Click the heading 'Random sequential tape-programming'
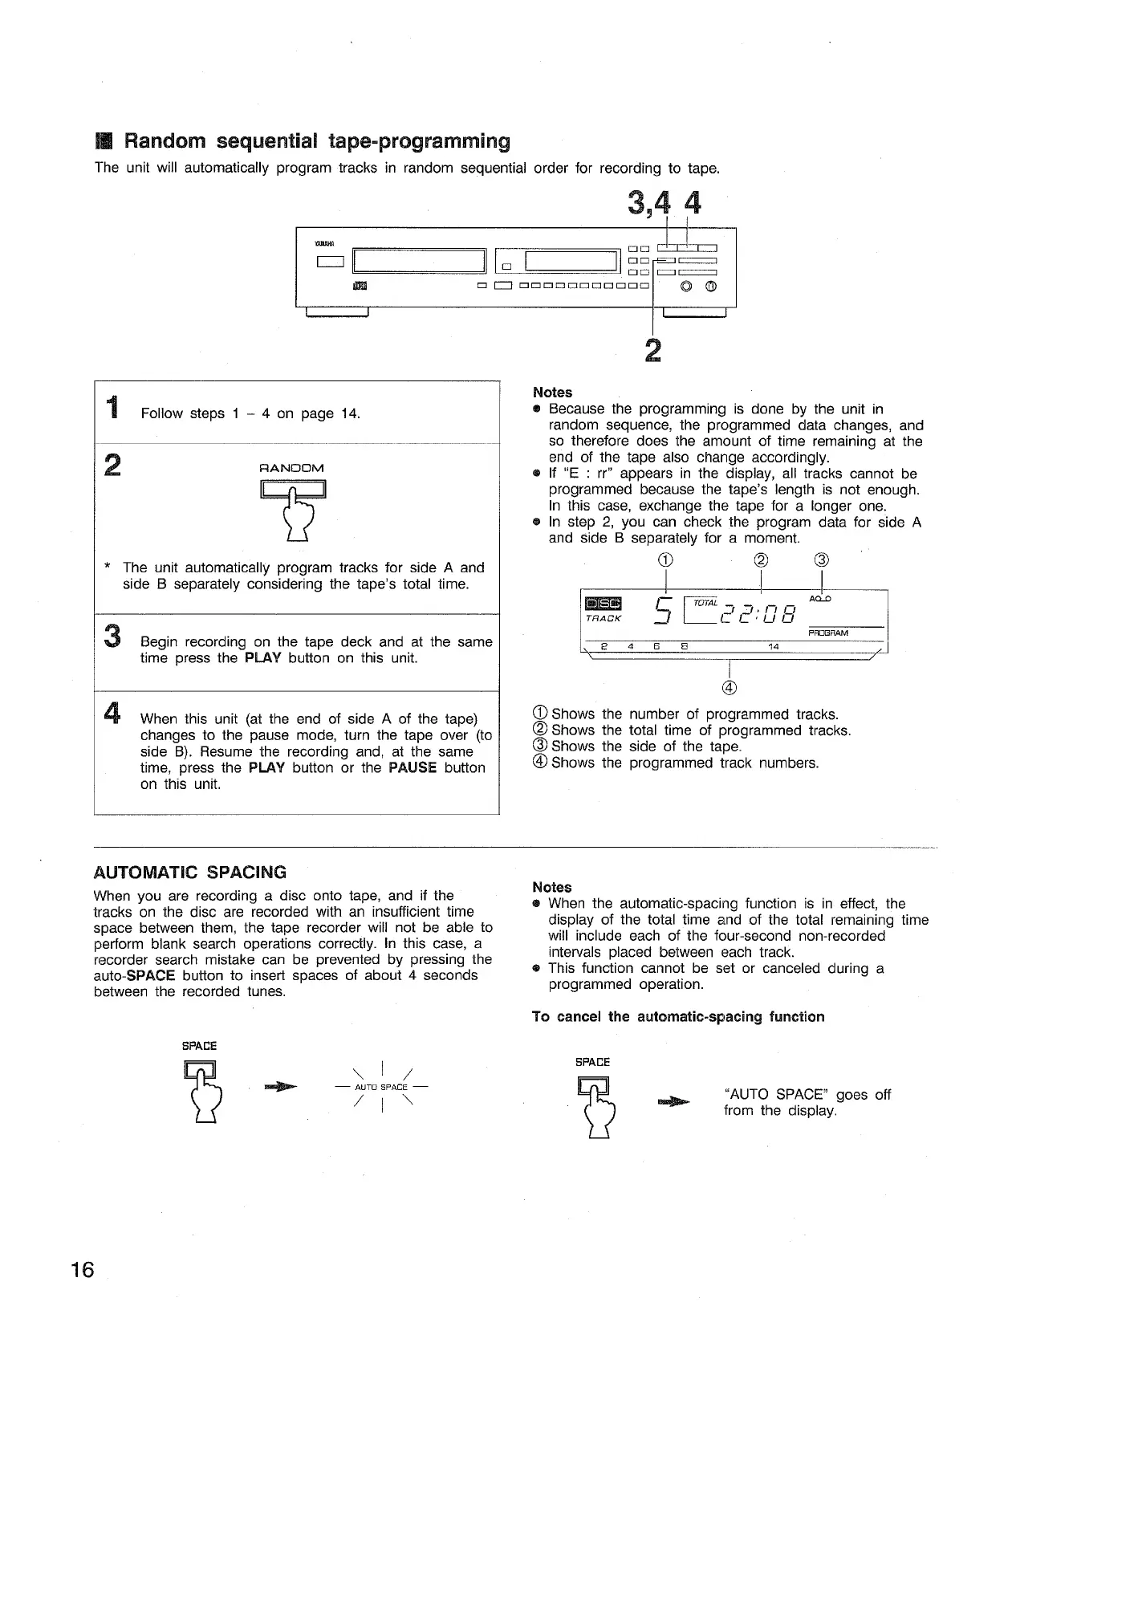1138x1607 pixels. (x=317, y=142)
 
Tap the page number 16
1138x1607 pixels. (x=82, y=1270)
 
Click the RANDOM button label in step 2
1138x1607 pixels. (x=292, y=468)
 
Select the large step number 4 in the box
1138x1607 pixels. (x=113, y=712)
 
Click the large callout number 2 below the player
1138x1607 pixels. (x=654, y=351)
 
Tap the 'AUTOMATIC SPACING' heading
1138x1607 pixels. (x=189, y=873)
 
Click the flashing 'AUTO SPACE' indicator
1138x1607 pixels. (x=383, y=1088)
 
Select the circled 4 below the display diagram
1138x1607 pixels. (x=729, y=687)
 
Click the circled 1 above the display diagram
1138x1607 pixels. (x=668, y=559)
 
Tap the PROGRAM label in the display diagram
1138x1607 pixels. (x=828, y=633)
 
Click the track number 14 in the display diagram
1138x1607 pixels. (x=774, y=646)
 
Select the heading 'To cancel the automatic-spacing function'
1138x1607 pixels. (x=678, y=1017)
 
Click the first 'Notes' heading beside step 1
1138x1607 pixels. (x=552, y=393)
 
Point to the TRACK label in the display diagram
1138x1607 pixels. (x=604, y=620)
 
